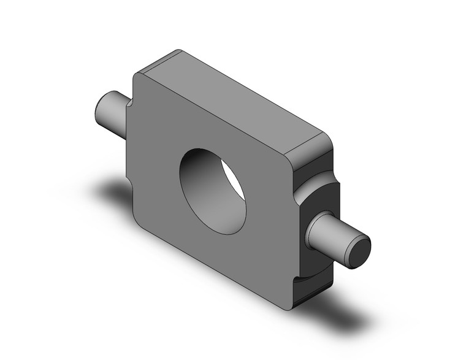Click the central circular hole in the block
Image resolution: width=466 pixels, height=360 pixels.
click(x=212, y=191)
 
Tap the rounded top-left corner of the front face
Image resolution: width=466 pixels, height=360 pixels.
click(x=139, y=77)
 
